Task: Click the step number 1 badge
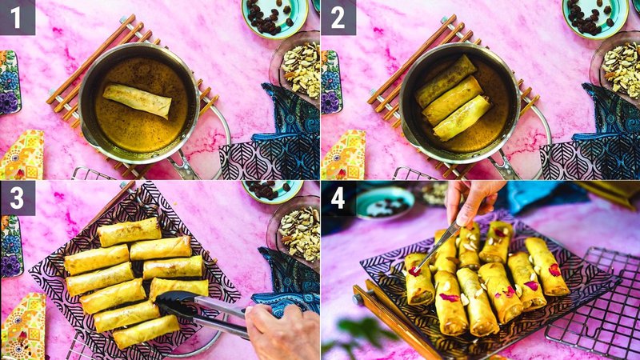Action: tap(18, 17)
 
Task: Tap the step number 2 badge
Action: tap(338, 17)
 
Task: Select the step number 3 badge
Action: tap(18, 198)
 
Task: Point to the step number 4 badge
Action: tap(338, 198)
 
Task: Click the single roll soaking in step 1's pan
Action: tap(137, 100)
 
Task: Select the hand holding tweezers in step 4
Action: tap(474, 200)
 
